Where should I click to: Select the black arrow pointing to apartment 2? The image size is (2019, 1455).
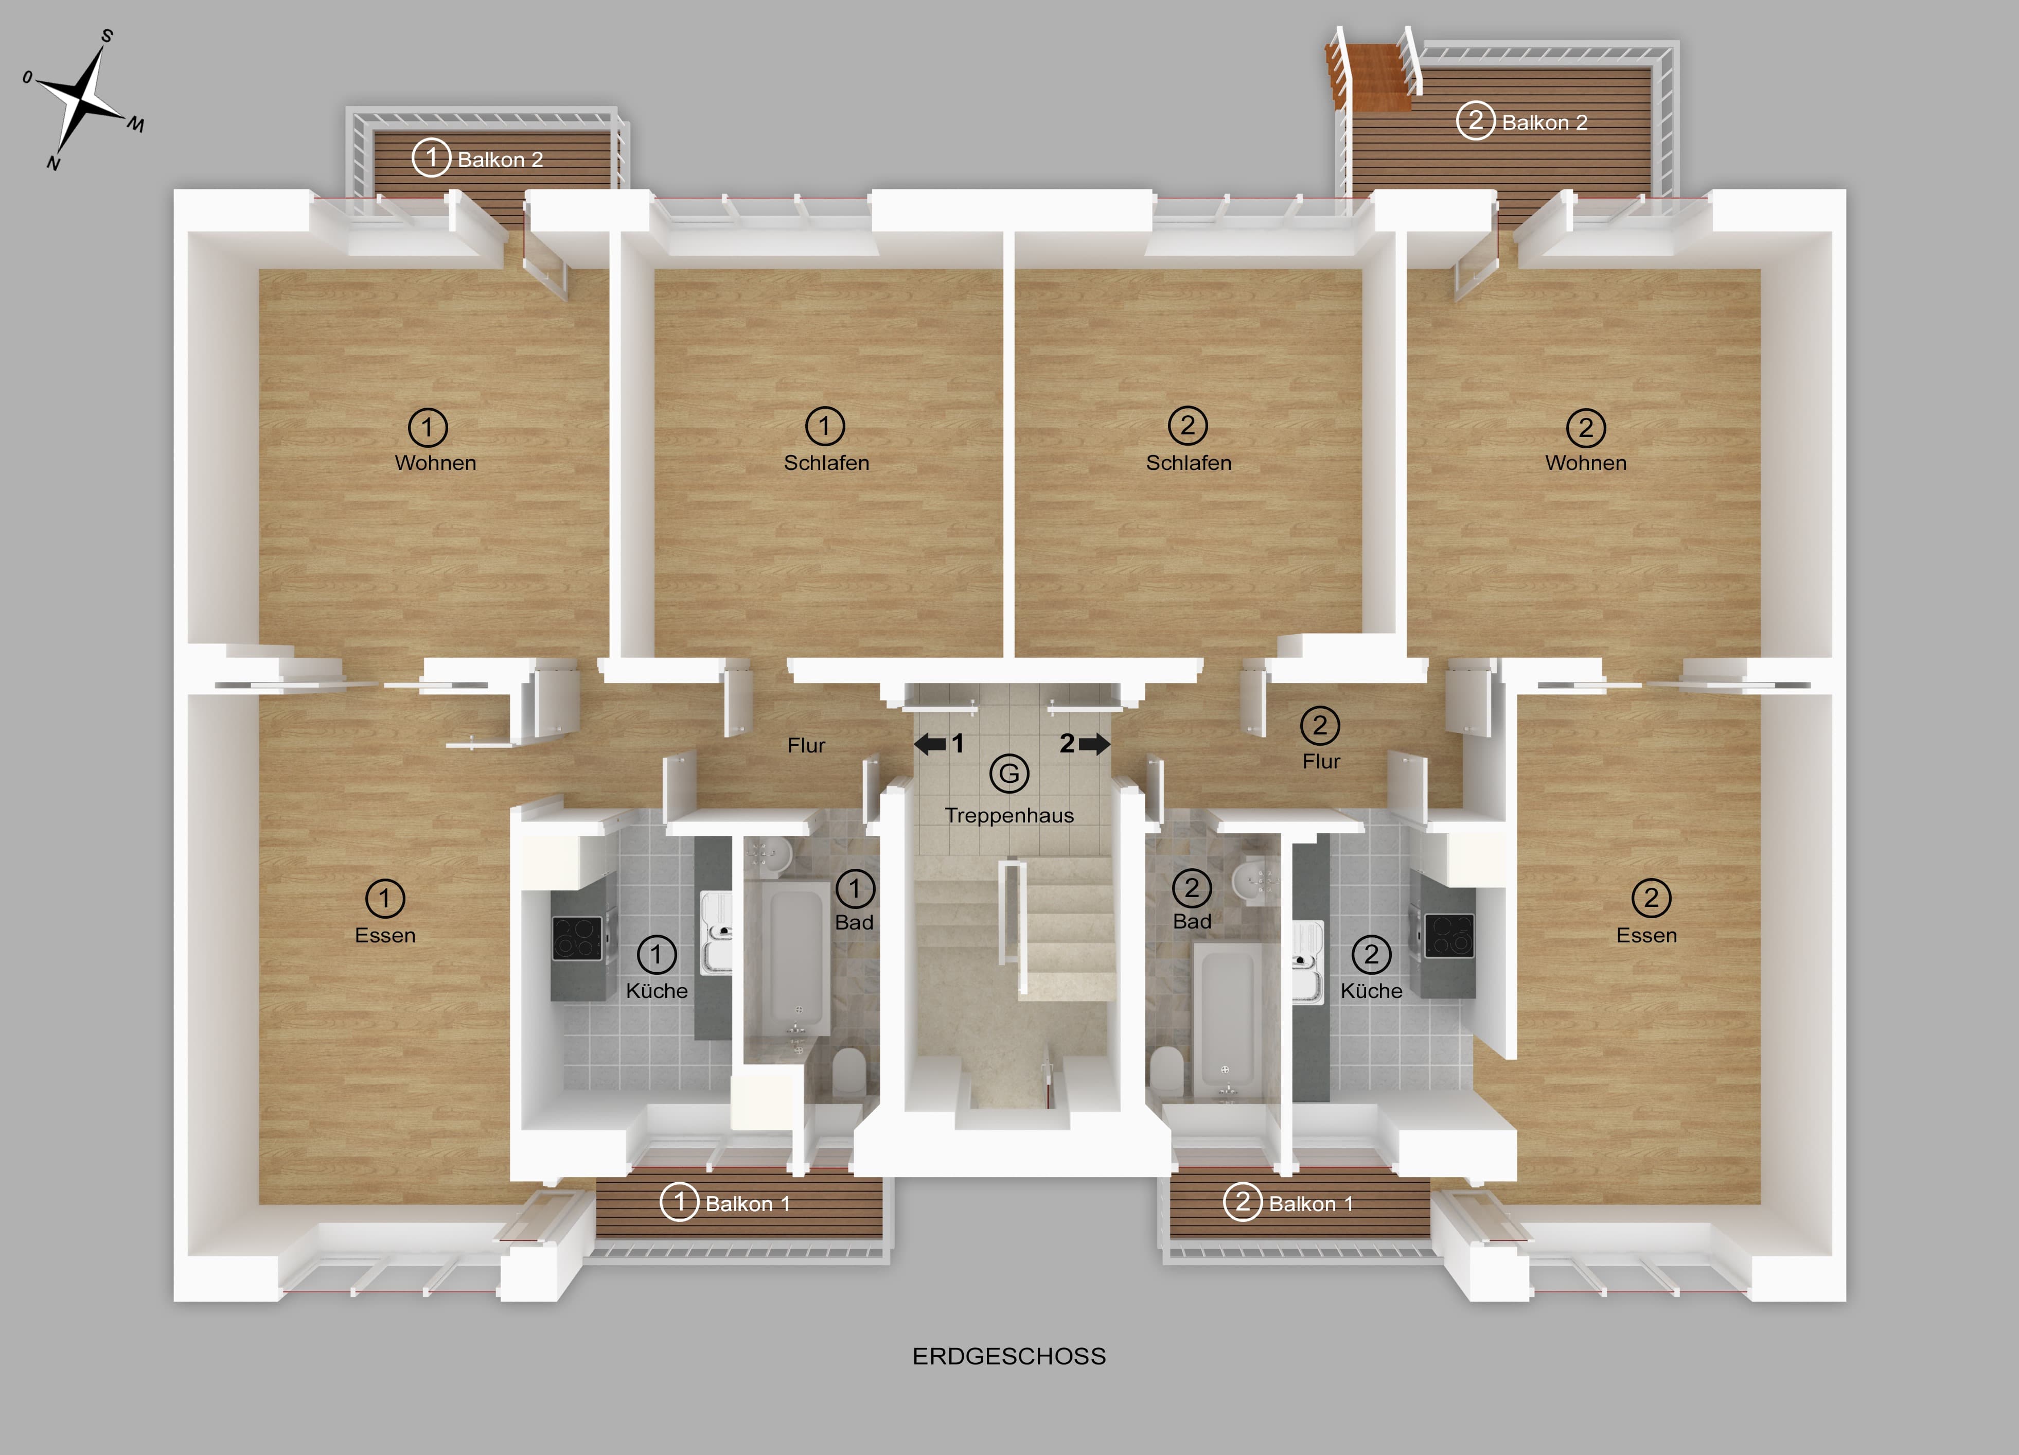pyautogui.click(x=1094, y=744)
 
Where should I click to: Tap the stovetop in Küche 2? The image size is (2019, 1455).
pyautogui.click(x=1449, y=936)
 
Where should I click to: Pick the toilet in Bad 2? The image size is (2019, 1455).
pyautogui.click(x=1167, y=1071)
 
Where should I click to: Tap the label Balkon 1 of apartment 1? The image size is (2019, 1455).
pyautogui.click(x=748, y=1204)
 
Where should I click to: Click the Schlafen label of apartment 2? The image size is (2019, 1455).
pyautogui.click(x=1189, y=463)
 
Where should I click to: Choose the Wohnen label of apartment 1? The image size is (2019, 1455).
pyautogui.click(x=435, y=463)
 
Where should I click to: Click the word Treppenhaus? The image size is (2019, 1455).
pyautogui.click(x=1009, y=816)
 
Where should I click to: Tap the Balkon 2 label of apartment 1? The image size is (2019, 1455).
pyautogui.click(x=500, y=160)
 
